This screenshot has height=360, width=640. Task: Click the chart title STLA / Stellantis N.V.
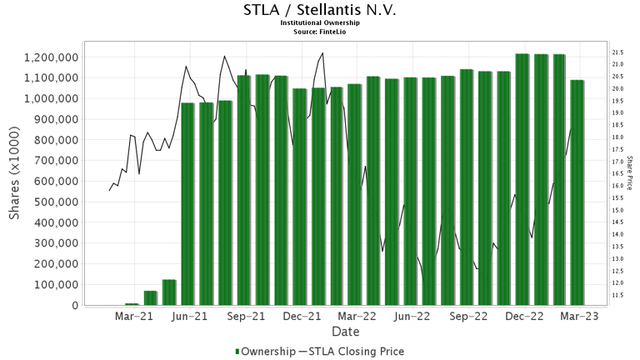coord(319,11)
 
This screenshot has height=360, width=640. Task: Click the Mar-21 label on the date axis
coord(134,317)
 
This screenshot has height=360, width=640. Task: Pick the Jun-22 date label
coord(412,317)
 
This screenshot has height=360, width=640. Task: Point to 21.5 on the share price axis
coord(618,52)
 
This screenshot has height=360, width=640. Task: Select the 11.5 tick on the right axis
coord(618,296)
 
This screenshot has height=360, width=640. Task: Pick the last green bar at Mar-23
coord(577,192)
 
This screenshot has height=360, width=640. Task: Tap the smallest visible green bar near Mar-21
coord(132,304)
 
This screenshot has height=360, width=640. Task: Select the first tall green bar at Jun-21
coord(187,204)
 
